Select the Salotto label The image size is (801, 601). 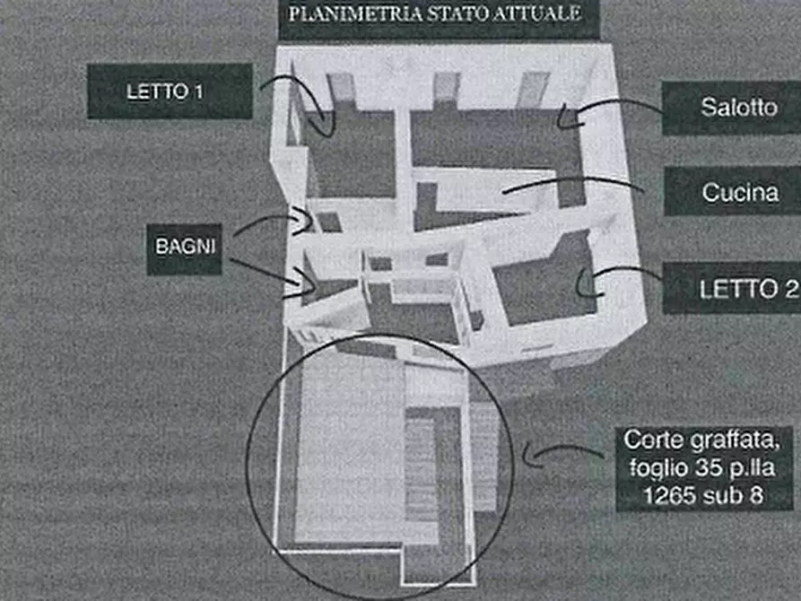738,108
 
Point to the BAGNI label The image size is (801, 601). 184,248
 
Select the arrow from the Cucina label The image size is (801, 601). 574,184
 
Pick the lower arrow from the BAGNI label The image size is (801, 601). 269,273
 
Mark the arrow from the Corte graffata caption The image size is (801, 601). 565,453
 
